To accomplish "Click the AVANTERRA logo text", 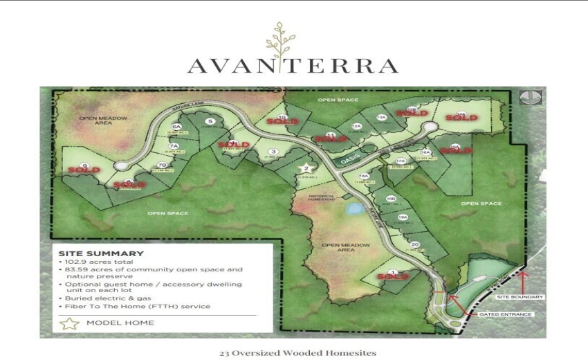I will click(x=293, y=66).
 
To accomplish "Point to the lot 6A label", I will click(x=176, y=127).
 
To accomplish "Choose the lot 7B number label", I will click(x=163, y=165).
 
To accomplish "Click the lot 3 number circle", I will click(x=274, y=152).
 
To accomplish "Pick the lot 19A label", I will click(x=403, y=218).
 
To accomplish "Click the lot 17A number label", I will click(x=400, y=162).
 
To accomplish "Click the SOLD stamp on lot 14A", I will click(x=461, y=117).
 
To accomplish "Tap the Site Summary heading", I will click(x=101, y=253).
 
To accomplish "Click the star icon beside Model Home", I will click(x=68, y=323).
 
